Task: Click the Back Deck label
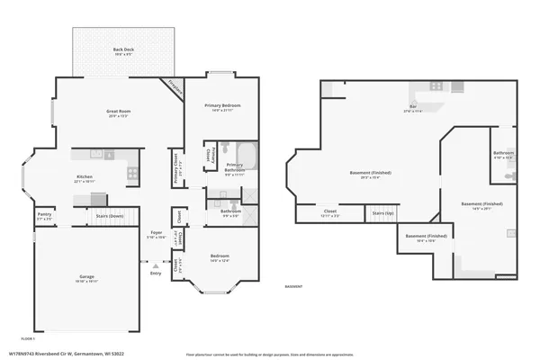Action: pos(124,50)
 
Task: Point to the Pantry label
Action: pos(44,216)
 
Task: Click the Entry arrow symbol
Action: pos(156,266)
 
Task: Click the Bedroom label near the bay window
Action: pos(220,258)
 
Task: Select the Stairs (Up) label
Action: pos(382,214)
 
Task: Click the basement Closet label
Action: pos(329,214)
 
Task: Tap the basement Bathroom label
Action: pos(503,154)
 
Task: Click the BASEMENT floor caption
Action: pos(293,287)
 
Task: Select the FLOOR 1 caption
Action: pos(27,338)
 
